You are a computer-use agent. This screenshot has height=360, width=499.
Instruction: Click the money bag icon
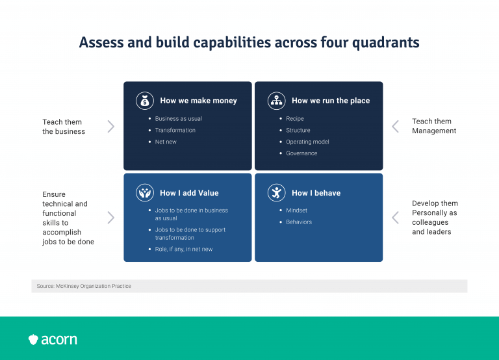click(x=144, y=101)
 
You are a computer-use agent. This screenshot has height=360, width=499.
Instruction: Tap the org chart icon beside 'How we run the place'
click(x=276, y=101)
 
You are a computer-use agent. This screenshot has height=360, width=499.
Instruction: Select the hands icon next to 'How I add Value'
click(x=144, y=193)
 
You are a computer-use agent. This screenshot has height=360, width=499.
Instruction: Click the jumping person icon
click(x=276, y=193)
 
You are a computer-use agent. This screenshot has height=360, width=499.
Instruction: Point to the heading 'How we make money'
click(x=198, y=101)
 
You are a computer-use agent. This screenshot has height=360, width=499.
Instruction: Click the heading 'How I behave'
click(x=316, y=193)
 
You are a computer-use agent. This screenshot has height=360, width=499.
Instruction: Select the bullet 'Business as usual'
click(x=178, y=119)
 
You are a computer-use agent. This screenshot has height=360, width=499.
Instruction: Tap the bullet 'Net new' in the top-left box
click(x=166, y=142)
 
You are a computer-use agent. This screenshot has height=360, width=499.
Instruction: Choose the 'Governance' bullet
click(x=301, y=153)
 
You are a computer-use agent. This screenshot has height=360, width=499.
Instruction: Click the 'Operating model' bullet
click(x=307, y=142)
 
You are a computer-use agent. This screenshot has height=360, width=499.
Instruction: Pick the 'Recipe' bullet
click(x=295, y=119)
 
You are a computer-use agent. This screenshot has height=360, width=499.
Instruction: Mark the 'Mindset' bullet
click(x=296, y=211)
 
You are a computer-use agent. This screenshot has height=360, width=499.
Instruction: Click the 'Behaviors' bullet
click(x=299, y=222)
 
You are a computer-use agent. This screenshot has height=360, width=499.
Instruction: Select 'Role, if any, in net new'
click(x=183, y=250)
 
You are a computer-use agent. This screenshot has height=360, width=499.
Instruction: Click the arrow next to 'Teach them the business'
click(x=110, y=126)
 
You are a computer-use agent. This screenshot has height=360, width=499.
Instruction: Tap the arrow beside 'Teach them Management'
click(x=395, y=126)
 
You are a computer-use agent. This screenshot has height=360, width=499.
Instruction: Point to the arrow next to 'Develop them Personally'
click(x=395, y=218)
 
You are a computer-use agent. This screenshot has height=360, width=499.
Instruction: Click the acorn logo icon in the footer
click(x=34, y=339)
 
